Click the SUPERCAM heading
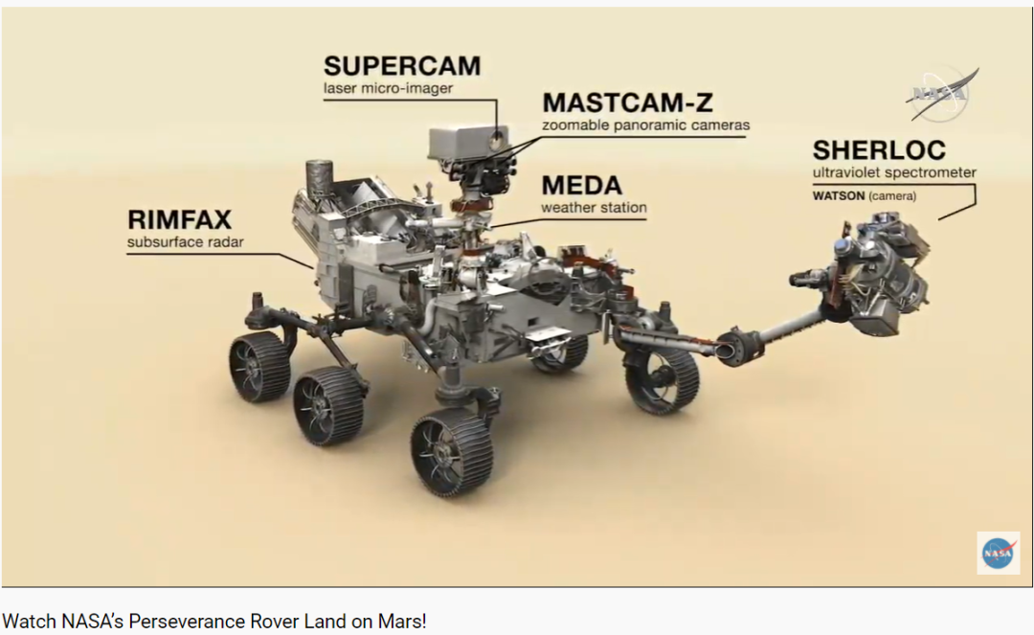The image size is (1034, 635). click(x=402, y=66)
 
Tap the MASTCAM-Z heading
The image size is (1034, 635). click(x=627, y=102)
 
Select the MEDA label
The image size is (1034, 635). click(x=581, y=185)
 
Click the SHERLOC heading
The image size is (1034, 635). click(x=879, y=150)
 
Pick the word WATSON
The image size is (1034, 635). click(x=839, y=196)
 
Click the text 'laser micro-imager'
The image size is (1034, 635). click(x=388, y=89)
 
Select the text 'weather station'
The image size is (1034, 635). click(x=594, y=207)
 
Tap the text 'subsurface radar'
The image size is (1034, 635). click(x=186, y=242)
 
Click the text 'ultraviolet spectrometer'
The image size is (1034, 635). click(x=894, y=173)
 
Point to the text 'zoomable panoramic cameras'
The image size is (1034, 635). click(x=645, y=125)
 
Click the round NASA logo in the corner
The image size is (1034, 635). click(x=999, y=553)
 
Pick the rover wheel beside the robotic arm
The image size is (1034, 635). click(x=662, y=377)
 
